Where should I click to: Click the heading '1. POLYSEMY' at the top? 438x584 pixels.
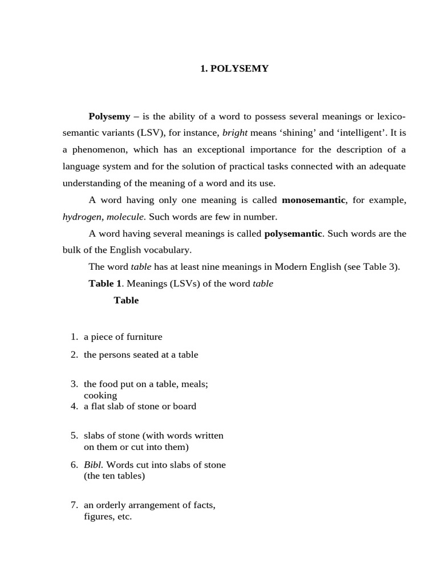coord(234,68)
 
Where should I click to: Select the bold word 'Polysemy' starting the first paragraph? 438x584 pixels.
coord(109,116)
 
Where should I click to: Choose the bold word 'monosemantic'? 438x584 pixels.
coord(314,200)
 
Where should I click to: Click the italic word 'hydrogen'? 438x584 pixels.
coord(82,217)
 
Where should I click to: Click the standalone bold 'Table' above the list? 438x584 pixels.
coord(126,300)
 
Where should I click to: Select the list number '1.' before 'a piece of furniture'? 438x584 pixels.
coord(74,336)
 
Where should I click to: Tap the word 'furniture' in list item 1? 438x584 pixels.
coord(144,336)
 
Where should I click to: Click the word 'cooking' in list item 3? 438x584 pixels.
coord(100,395)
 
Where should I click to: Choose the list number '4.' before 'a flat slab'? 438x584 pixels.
coord(74,406)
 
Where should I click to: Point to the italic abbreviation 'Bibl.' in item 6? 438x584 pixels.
coord(94,465)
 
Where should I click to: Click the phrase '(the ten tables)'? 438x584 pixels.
coord(114,476)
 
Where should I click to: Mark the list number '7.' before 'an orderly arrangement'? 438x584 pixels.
coord(74,505)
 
